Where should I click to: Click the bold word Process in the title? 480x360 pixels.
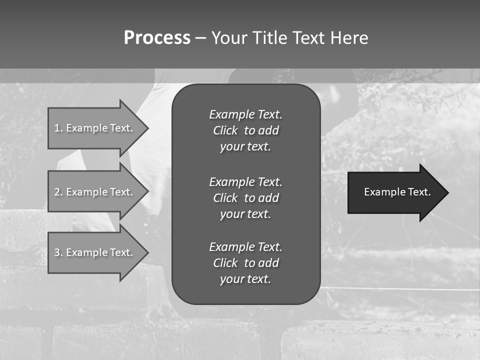click(157, 38)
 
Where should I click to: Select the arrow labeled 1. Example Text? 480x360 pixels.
click(94, 128)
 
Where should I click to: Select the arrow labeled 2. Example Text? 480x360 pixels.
click(94, 192)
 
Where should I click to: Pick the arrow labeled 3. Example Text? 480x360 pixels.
click(94, 252)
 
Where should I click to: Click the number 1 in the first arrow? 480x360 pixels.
click(57, 128)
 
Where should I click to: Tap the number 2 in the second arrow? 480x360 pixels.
click(57, 192)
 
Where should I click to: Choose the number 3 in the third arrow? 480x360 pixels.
click(57, 252)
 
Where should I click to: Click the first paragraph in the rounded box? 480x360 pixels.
click(245, 130)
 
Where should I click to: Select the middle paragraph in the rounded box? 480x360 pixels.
click(245, 198)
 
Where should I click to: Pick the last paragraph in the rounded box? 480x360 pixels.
click(245, 263)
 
